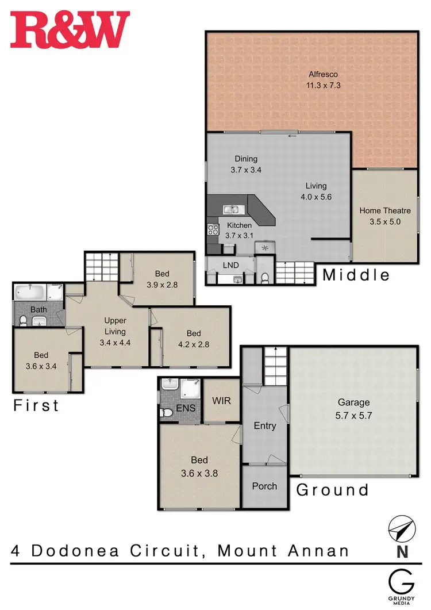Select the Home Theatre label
[x=386, y=210]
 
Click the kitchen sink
[x=234, y=209]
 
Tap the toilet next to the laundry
[x=265, y=278]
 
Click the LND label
[x=230, y=266]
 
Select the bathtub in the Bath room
[x=30, y=292]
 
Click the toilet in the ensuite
[x=166, y=412]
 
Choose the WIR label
[x=221, y=400]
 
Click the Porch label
[x=264, y=486]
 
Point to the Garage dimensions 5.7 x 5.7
[x=353, y=415]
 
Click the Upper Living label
[x=115, y=325]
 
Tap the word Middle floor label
[x=356, y=275]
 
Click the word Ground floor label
[x=332, y=490]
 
